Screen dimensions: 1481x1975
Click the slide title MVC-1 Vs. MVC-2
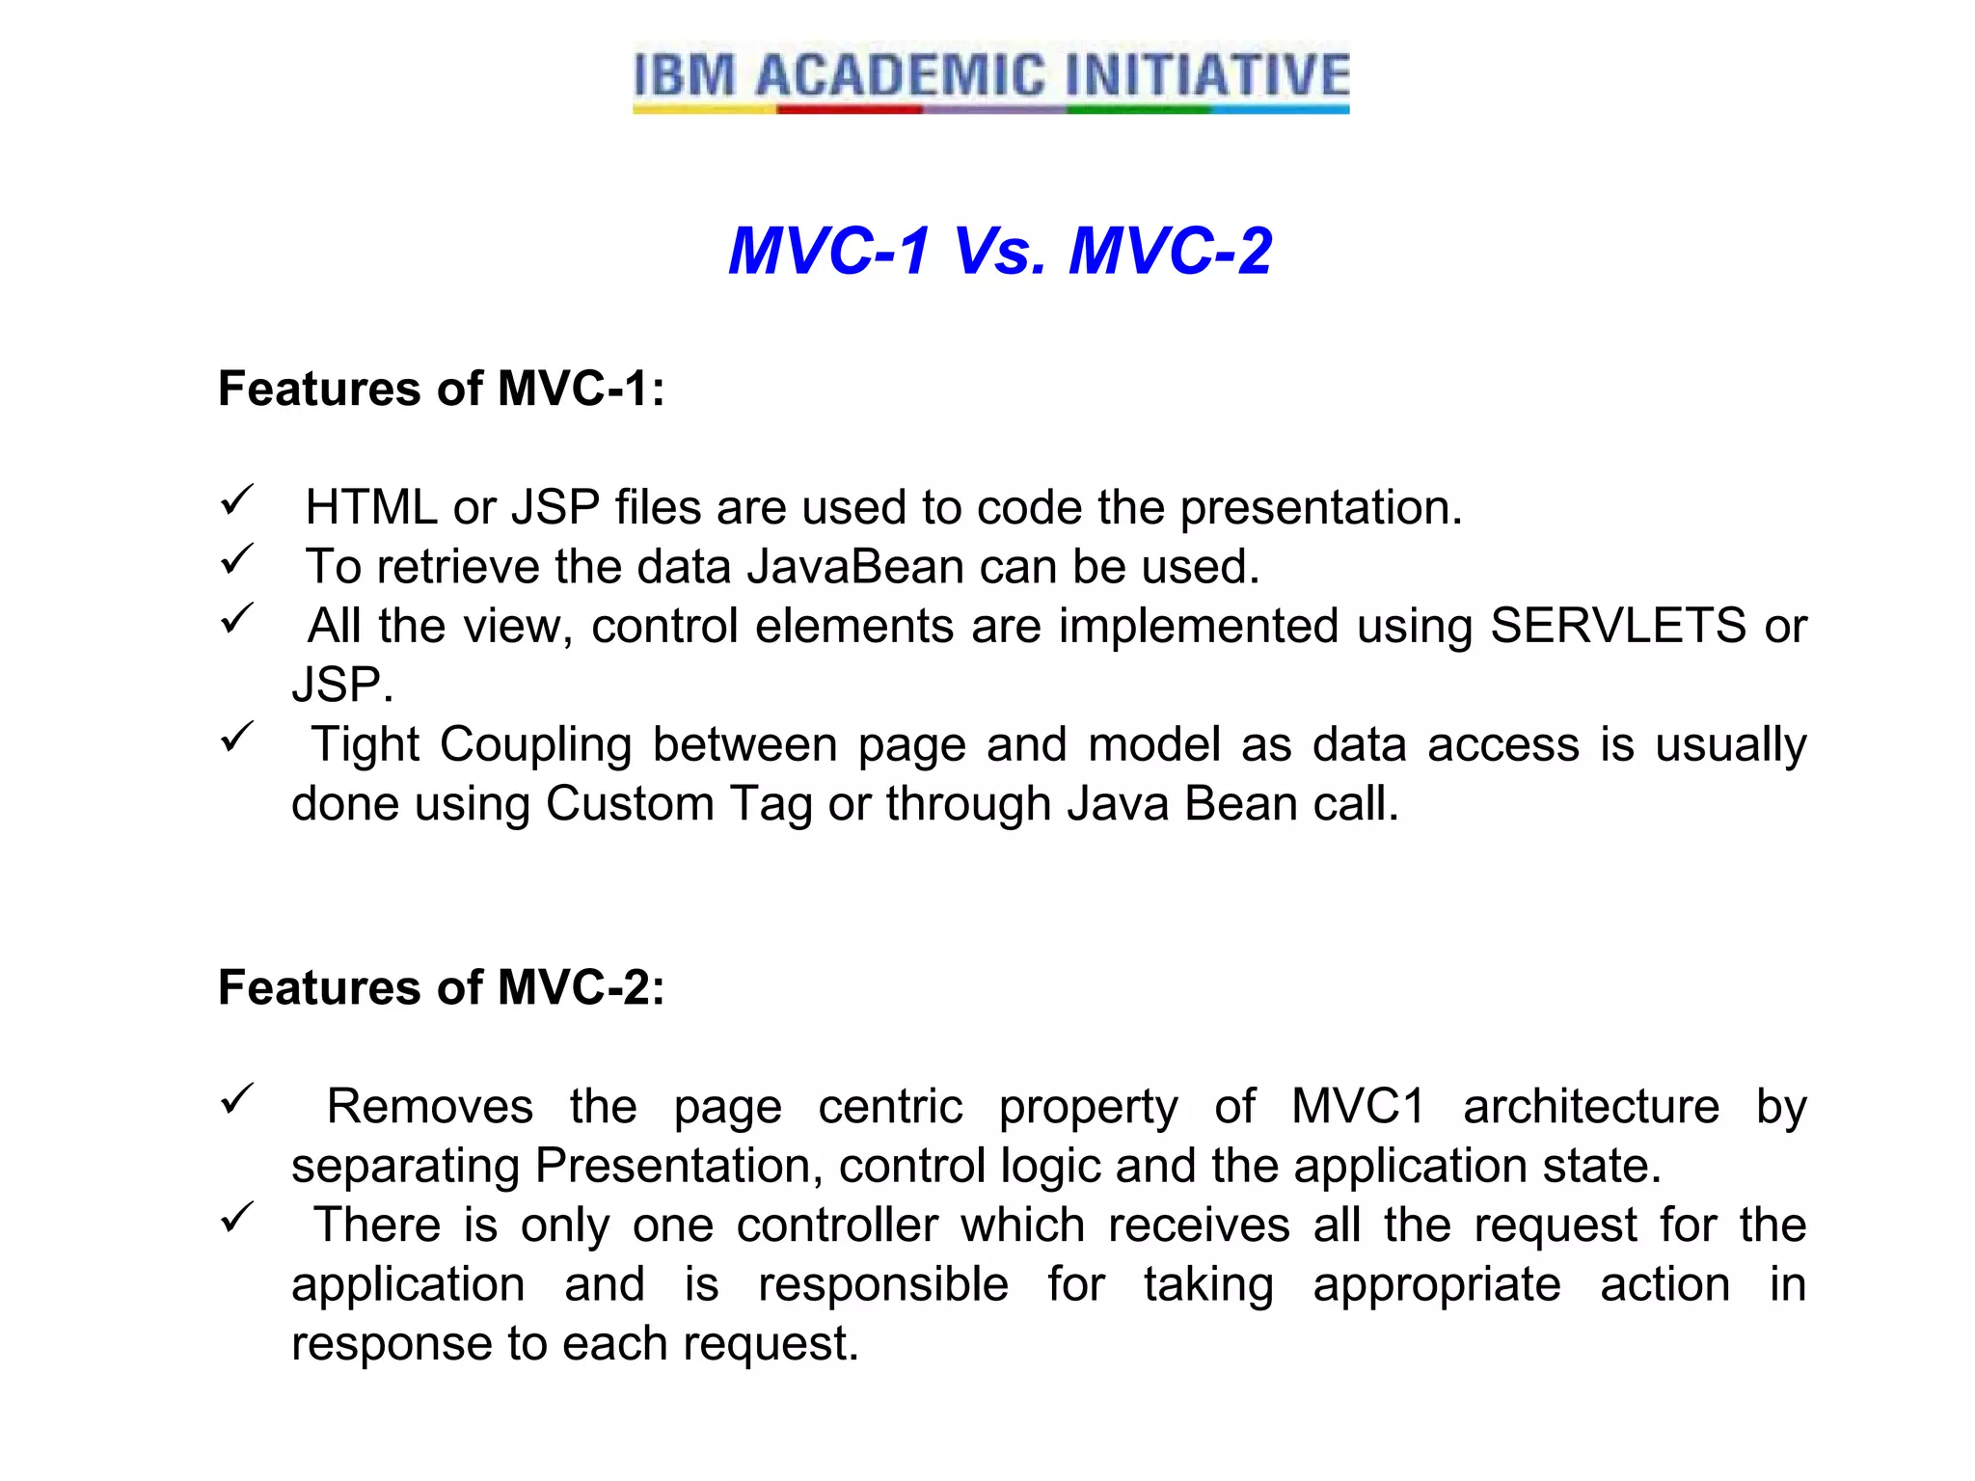point(999,251)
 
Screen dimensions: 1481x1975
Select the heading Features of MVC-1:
point(442,389)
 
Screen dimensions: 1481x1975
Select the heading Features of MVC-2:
point(442,987)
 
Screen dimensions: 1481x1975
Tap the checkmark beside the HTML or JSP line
point(236,500)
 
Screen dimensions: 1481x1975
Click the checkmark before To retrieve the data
point(236,559)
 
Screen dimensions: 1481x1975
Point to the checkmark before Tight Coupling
point(236,738)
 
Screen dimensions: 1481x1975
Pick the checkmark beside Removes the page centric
point(236,1099)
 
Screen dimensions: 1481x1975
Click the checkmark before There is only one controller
point(236,1218)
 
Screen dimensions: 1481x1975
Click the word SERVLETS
point(1617,626)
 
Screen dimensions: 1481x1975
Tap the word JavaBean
point(855,567)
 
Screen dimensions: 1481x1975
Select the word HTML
point(371,508)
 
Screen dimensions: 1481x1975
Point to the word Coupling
point(536,745)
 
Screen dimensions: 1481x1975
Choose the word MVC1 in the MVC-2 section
point(1358,1107)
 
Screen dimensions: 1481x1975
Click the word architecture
point(1591,1107)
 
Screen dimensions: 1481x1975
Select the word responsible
point(883,1285)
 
